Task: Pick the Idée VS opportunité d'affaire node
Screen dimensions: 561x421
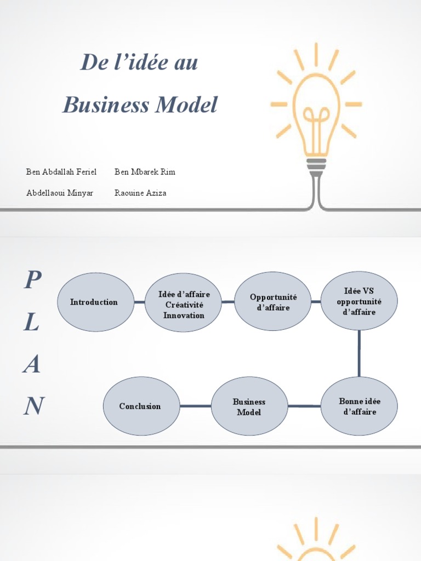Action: coord(359,301)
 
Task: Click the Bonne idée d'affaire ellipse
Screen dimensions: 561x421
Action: coord(359,406)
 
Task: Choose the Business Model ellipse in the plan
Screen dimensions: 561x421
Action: coord(249,406)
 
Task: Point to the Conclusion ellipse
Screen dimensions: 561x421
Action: coord(141,406)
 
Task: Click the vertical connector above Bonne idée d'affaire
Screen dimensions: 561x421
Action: coord(359,353)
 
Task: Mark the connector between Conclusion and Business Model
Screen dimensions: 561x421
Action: coord(195,406)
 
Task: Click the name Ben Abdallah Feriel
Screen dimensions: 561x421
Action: coord(61,172)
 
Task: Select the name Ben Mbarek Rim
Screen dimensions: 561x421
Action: coord(145,172)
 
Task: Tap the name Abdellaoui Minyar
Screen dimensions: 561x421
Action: coord(60,193)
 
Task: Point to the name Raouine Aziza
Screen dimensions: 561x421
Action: coord(140,193)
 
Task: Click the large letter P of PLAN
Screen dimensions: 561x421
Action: coord(32,281)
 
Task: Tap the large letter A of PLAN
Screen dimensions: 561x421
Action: coord(32,364)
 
